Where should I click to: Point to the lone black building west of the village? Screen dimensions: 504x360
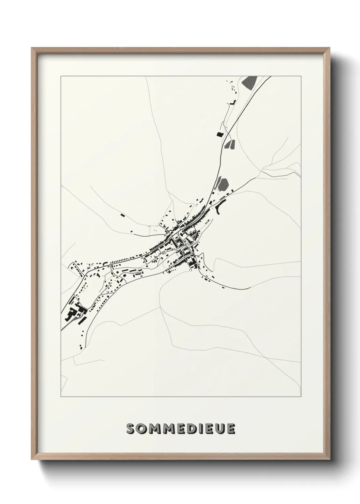pos(122,215)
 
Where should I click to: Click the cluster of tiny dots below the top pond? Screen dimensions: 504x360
pos(233,88)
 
